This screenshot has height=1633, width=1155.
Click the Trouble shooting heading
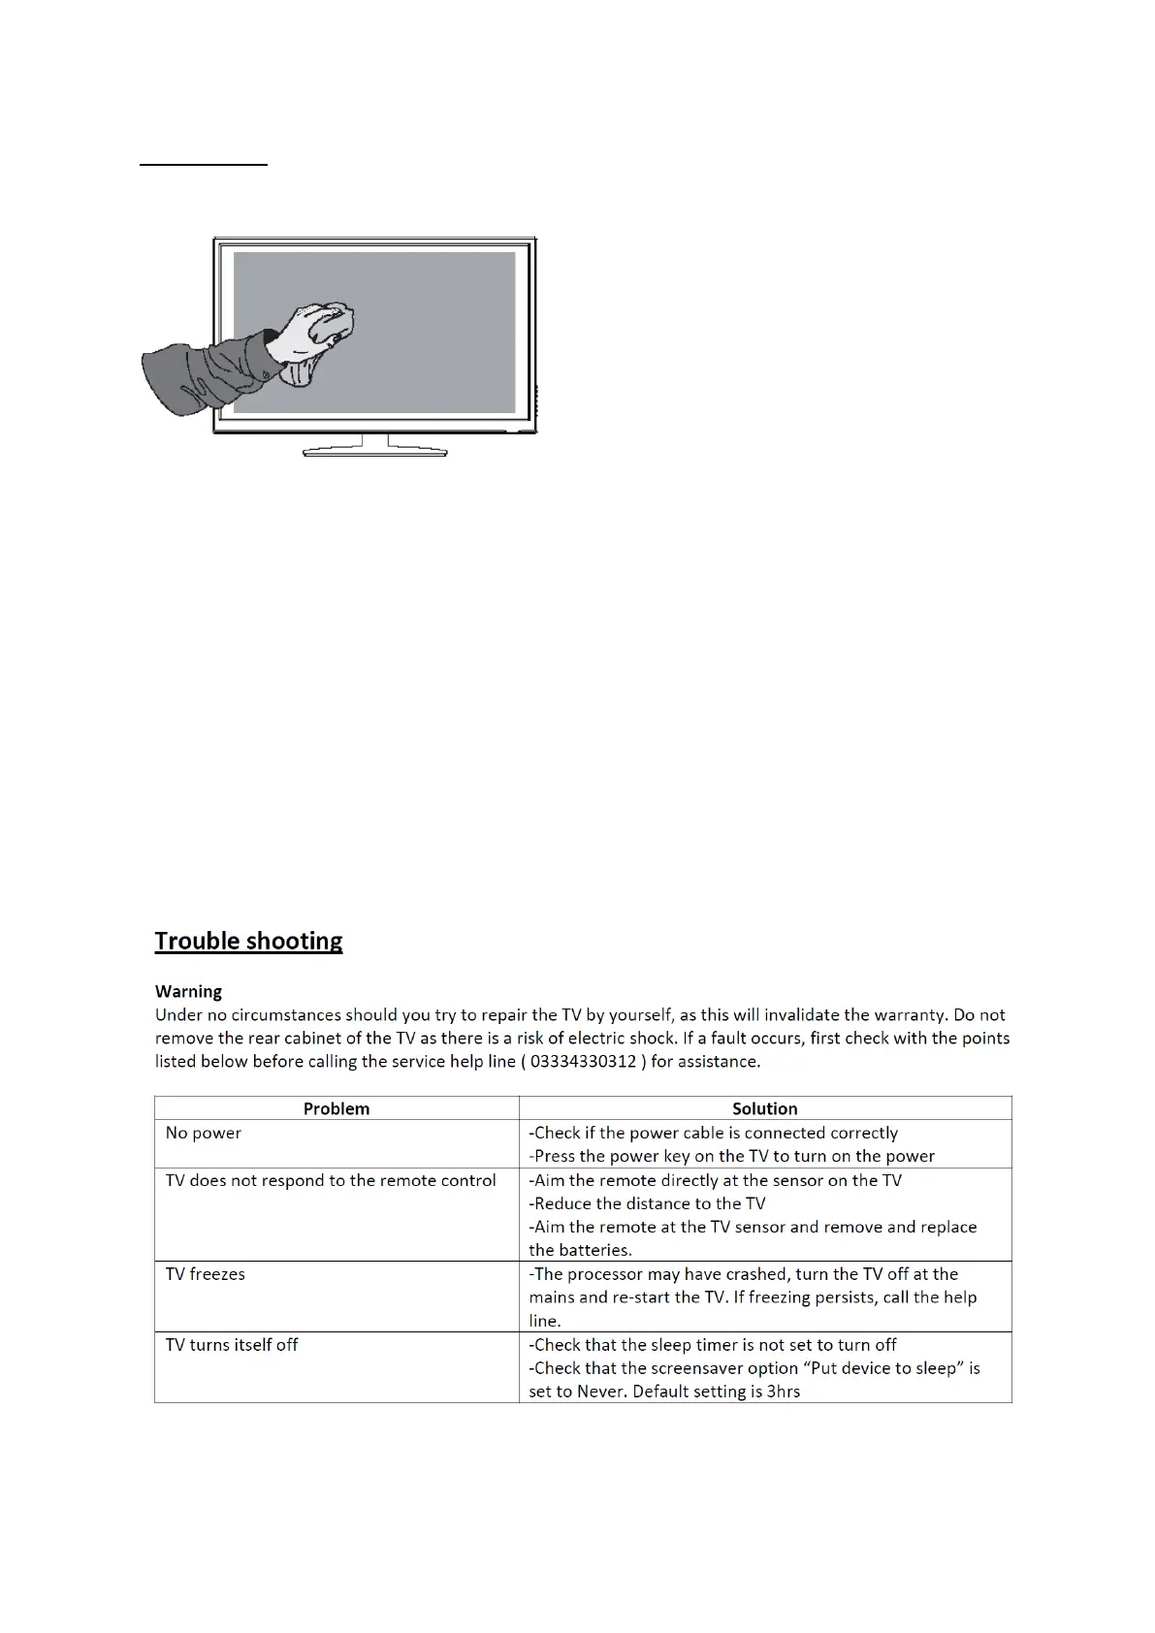tap(248, 941)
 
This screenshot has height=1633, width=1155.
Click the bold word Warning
tap(188, 991)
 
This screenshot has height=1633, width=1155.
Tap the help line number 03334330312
tap(584, 1061)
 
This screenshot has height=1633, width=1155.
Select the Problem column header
tap(337, 1108)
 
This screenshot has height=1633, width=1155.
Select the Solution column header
tap(764, 1108)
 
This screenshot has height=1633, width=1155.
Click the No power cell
tap(204, 1133)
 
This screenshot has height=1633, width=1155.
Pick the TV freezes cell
tap(206, 1273)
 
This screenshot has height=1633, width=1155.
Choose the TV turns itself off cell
tap(232, 1344)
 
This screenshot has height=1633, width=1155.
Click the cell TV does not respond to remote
tap(331, 1180)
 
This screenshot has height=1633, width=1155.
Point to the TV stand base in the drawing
tap(375, 451)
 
